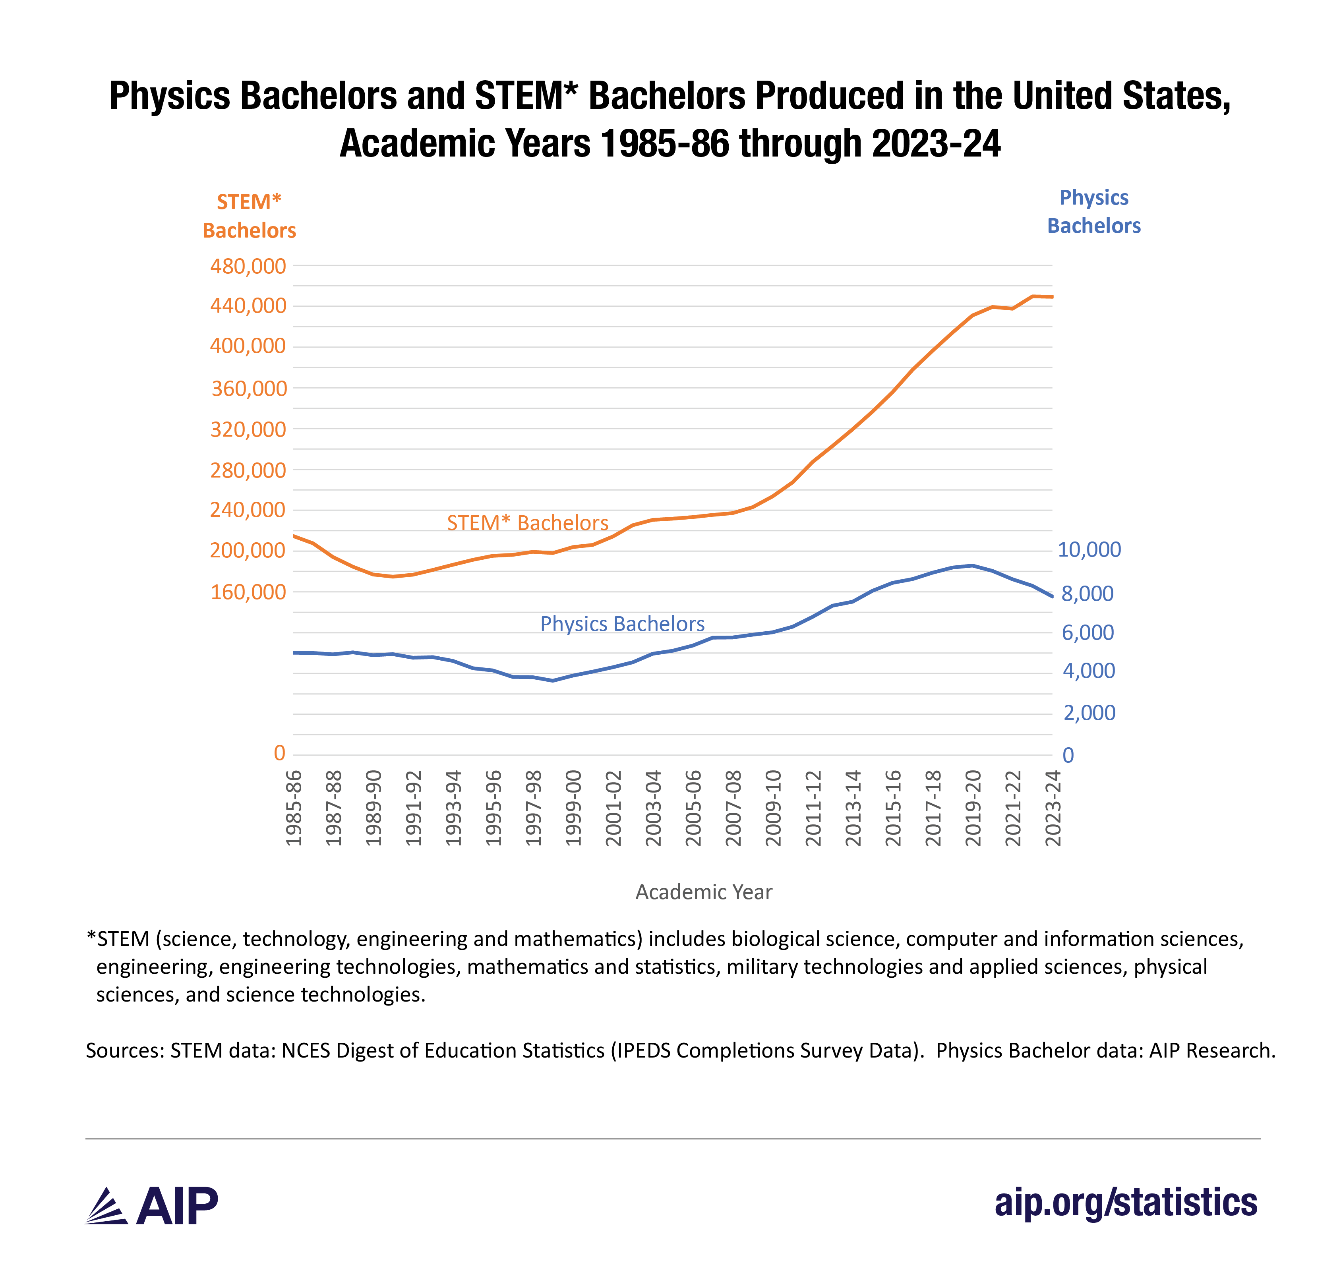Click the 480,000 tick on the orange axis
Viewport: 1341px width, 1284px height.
click(x=248, y=266)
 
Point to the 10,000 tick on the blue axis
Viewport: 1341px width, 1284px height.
click(x=1089, y=549)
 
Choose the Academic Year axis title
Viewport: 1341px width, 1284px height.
click(x=703, y=892)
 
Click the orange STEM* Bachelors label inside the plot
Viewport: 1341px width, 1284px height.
click(x=528, y=523)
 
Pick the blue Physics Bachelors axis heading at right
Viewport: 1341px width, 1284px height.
click(x=1093, y=211)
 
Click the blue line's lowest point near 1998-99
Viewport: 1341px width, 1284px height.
click(x=553, y=681)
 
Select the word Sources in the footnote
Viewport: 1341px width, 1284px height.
click(x=124, y=1050)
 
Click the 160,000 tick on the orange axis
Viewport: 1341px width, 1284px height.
click(x=248, y=592)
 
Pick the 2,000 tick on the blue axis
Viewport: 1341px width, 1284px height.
click(x=1089, y=713)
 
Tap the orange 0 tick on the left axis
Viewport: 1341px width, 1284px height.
click(x=279, y=753)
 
